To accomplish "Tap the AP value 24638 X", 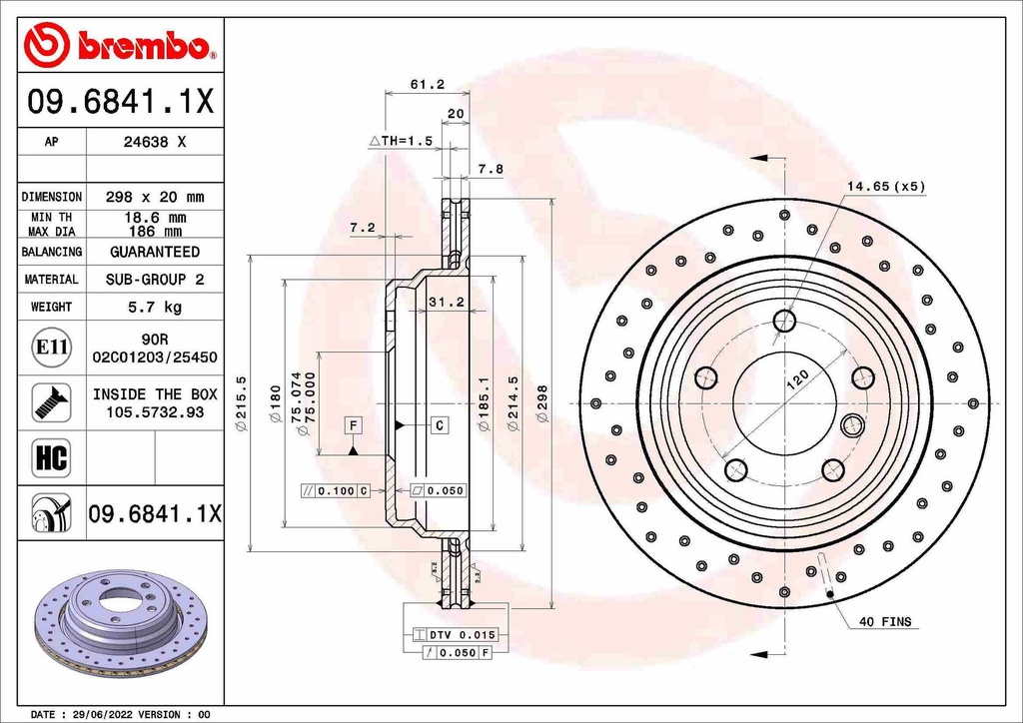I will coord(154,142).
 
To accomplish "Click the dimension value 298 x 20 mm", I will coord(154,197).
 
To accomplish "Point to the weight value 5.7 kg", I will coord(154,307).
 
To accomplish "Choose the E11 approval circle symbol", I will coord(51,348).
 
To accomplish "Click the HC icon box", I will coord(51,458).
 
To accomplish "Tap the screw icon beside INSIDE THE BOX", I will coord(51,401).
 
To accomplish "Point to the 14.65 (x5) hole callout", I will coord(886,186).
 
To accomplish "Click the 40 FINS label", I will coord(885,621).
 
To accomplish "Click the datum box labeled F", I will coord(353,425).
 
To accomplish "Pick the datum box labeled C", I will coord(440,425).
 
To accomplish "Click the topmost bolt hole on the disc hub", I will coord(785,321).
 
